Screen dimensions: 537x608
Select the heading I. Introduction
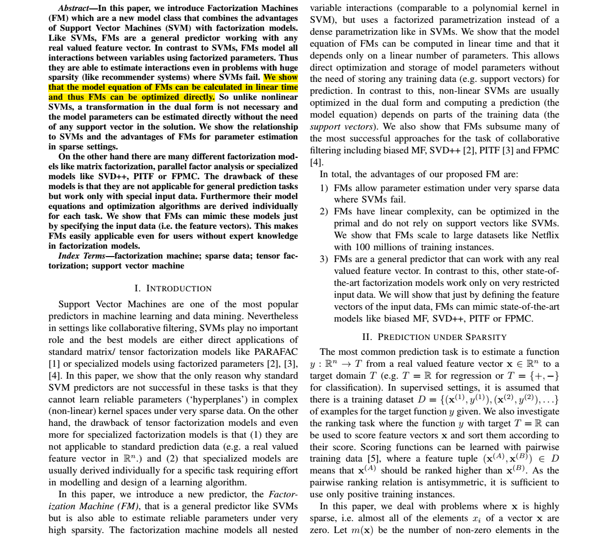(173, 288)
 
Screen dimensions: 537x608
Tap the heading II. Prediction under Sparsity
(434, 337)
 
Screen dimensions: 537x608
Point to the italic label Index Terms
(81, 256)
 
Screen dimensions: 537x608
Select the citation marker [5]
(373, 459)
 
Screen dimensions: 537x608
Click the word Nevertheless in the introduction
(273, 316)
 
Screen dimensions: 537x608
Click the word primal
(347, 223)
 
